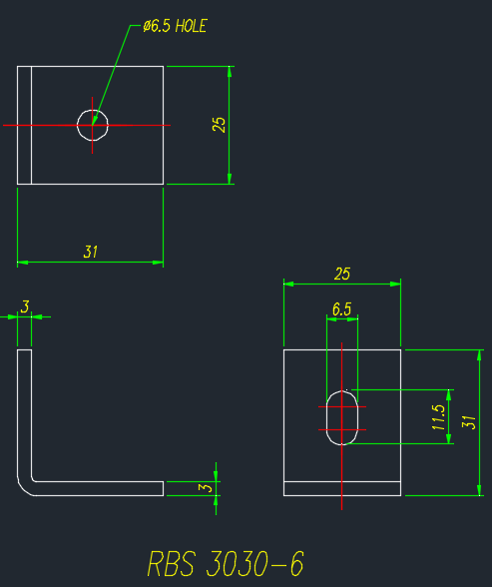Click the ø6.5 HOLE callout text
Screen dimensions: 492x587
click(175, 26)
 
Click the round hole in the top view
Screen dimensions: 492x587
click(93, 110)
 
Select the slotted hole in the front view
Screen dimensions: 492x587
click(326, 417)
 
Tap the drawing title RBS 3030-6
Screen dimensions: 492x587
click(226, 563)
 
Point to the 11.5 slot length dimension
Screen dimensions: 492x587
click(438, 417)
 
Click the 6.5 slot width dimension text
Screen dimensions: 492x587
click(342, 309)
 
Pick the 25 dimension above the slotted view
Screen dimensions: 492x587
click(342, 274)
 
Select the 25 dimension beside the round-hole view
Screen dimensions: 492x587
click(219, 125)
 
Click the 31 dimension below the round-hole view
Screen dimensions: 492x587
click(90, 252)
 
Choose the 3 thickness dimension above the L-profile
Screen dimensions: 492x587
click(25, 307)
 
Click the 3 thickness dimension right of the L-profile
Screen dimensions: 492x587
click(205, 488)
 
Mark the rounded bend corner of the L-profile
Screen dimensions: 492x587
click(25, 487)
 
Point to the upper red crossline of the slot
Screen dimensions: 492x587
click(342, 406)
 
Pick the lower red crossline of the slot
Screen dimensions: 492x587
click(342, 429)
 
